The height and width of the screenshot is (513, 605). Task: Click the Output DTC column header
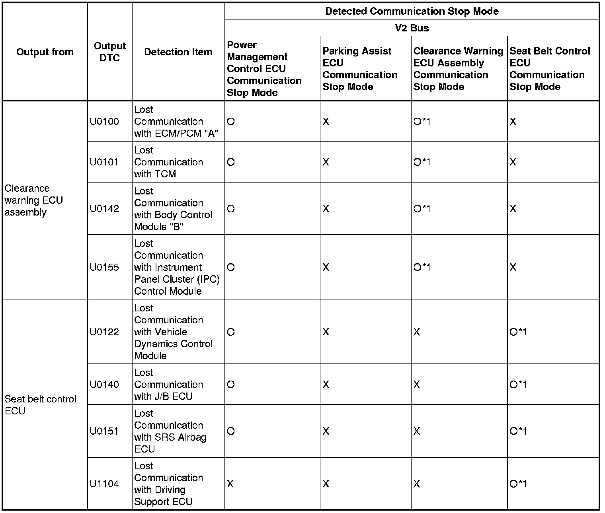(109, 52)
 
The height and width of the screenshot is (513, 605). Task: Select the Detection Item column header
(178, 52)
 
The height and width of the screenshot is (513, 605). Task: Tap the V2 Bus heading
(412, 28)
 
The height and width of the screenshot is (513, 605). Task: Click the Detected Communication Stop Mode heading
(412, 11)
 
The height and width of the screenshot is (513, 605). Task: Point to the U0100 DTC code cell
(104, 122)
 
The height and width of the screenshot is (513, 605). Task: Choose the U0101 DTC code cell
(104, 162)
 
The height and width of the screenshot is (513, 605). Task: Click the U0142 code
(104, 209)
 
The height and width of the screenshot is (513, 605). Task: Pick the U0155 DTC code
(104, 267)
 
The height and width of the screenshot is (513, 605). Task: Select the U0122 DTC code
(104, 332)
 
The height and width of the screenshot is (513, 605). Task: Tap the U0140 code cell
(104, 385)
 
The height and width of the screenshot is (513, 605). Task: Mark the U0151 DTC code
(104, 431)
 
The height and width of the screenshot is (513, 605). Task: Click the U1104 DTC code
(104, 484)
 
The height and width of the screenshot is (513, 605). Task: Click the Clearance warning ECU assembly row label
(34, 200)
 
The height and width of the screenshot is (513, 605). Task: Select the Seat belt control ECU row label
(40, 405)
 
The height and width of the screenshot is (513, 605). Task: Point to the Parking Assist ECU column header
(359, 69)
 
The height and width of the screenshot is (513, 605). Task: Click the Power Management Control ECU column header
(264, 69)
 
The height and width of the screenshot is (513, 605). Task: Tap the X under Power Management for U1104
(230, 484)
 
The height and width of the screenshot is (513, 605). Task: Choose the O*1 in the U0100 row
(422, 122)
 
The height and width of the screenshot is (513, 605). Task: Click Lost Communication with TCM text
(168, 162)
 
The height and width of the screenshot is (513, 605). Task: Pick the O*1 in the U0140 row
(518, 385)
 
